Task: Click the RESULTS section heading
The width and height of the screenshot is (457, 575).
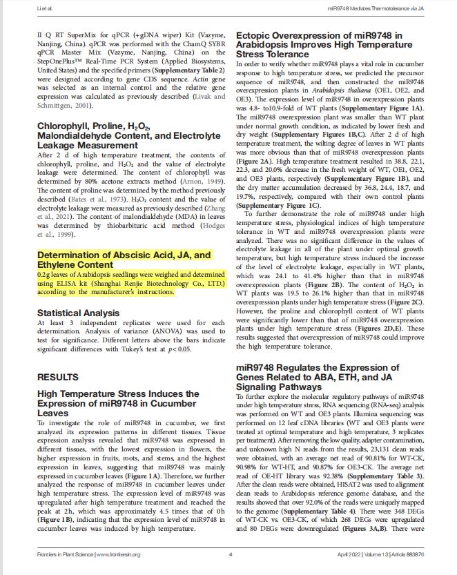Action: tap(58, 378)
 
